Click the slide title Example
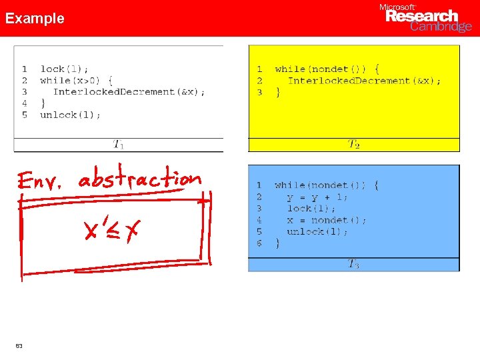(x=35, y=19)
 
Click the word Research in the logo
(x=422, y=16)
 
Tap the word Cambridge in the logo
(x=441, y=27)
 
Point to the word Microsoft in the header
(x=397, y=7)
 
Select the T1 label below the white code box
(x=118, y=143)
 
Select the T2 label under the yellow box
(x=354, y=143)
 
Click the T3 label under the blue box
(x=353, y=264)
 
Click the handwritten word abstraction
(x=139, y=179)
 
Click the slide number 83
(x=19, y=345)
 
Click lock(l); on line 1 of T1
(x=64, y=69)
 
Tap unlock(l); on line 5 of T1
(x=70, y=115)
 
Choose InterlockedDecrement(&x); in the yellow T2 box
(x=364, y=81)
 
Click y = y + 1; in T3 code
(x=317, y=197)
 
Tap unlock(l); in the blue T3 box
(x=317, y=231)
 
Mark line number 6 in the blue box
(x=259, y=243)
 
